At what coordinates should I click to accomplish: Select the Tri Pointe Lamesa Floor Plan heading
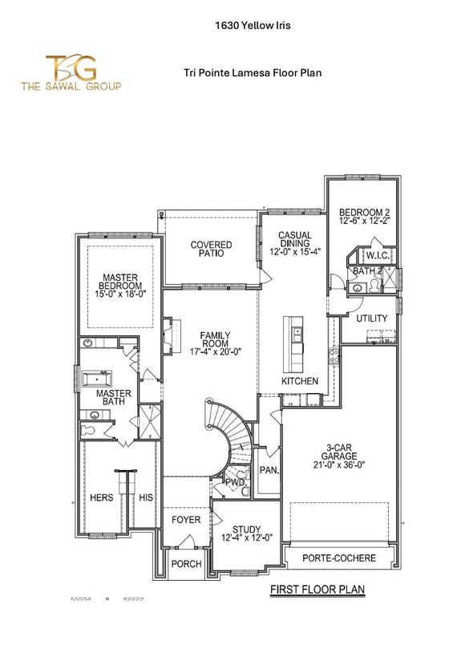point(253,73)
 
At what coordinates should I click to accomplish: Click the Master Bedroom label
point(120,286)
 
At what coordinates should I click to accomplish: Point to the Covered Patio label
point(211,249)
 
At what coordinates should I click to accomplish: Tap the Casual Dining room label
point(294,241)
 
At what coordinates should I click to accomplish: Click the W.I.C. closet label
point(377,256)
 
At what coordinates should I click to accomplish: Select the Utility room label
point(372,318)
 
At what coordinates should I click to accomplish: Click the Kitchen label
point(300,380)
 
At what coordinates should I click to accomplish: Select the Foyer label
point(185,521)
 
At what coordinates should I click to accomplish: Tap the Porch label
point(186,564)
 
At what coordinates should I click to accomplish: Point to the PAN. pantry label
point(269,470)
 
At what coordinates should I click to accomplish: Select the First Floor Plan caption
point(317,590)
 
